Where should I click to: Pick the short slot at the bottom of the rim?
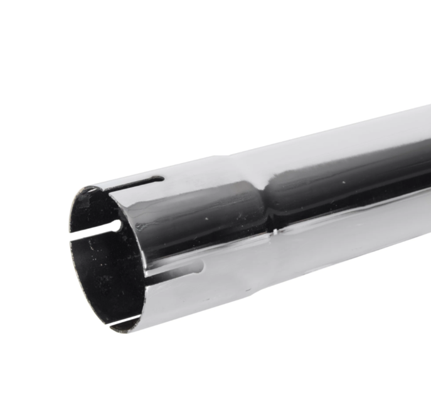122,323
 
